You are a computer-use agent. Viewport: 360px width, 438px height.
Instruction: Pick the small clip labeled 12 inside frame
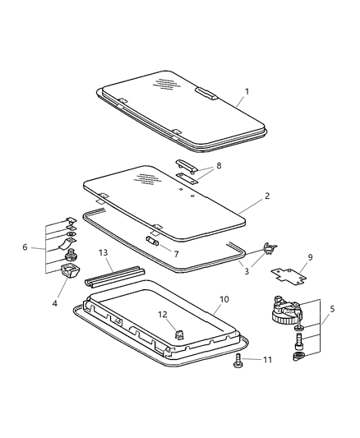pyautogui.click(x=179, y=334)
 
